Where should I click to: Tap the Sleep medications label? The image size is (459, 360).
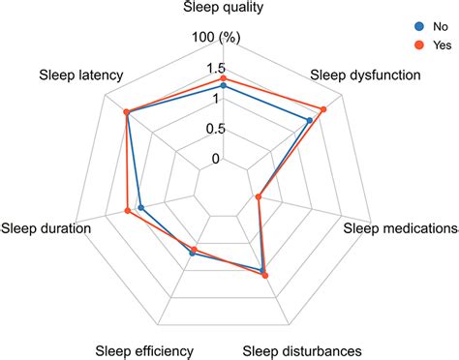tap(401, 228)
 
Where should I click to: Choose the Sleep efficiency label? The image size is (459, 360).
tap(143, 349)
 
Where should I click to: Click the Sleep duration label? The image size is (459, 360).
tap(46, 228)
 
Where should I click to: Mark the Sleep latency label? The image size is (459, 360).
tap(81, 75)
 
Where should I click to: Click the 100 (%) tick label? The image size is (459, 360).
tap(216, 38)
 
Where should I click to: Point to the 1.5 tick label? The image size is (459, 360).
tap(215, 69)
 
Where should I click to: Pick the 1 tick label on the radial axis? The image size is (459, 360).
tap(217, 99)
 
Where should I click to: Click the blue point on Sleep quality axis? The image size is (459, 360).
tap(224, 86)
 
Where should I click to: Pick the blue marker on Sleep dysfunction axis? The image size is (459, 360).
tap(309, 121)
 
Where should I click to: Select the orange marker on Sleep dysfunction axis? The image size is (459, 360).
tap(322, 109)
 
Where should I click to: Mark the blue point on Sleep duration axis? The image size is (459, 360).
tap(141, 208)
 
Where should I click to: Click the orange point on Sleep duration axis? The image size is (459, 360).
tap(128, 211)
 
